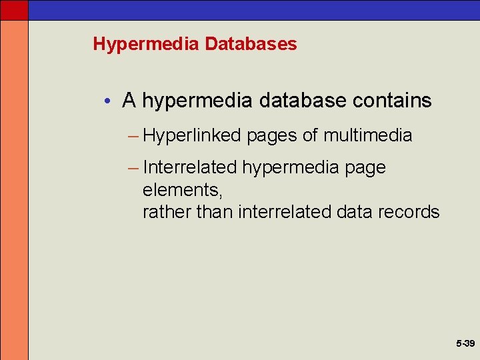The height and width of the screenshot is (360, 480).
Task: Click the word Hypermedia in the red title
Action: tap(146, 45)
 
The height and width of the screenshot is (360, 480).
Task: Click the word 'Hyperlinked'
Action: tap(191, 135)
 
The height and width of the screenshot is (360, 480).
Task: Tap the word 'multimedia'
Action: tap(367, 135)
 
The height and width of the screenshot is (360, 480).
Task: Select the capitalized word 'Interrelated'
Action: tap(189, 167)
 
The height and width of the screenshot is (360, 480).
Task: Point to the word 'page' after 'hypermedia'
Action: tap(365, 168)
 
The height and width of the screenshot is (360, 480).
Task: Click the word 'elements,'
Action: tap(182, 190)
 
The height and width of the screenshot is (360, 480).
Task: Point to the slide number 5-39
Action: tap(465, 343)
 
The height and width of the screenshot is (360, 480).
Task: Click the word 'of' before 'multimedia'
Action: tap(310, 135)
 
